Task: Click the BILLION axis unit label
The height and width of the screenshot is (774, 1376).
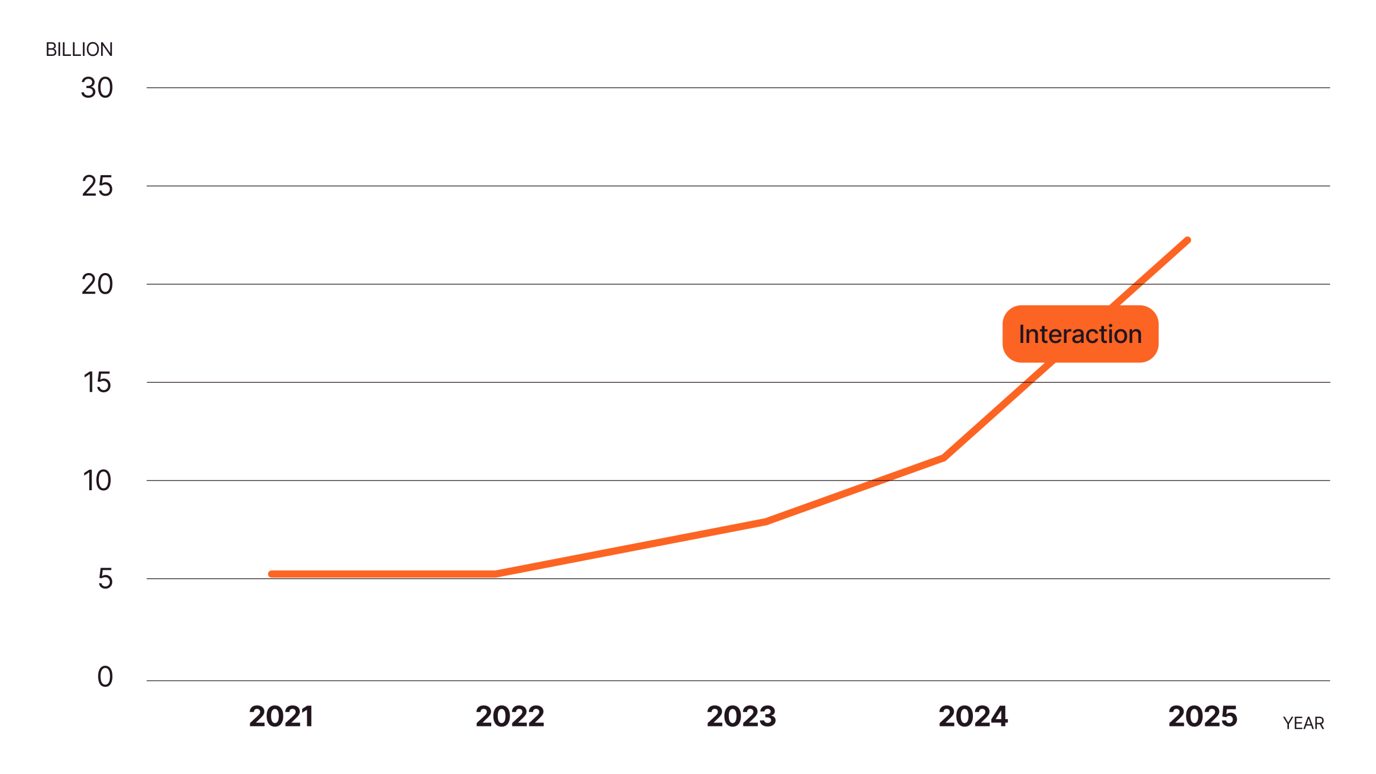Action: (x=79, y=49)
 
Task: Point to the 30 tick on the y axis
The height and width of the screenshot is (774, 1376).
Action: (x=97, y=88)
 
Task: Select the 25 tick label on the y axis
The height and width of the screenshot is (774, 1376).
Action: (x=97, y=187)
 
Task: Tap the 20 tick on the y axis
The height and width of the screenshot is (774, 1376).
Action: (x=97, y=285)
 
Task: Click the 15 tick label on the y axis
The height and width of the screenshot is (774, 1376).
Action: (x=97, y=383)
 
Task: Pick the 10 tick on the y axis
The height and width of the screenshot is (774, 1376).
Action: (x=97, y=481)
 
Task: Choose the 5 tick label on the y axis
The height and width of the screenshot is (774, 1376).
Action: (x=105, y=579)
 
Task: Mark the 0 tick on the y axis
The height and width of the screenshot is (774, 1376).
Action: (x=105, y=677)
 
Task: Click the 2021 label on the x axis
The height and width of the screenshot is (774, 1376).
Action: (x=281, y=716)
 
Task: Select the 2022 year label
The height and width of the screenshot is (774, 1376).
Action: (x=510, y=716)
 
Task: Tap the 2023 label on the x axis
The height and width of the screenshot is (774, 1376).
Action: (x=741, y=716)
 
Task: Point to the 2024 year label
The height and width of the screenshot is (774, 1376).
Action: (x=973, y=716)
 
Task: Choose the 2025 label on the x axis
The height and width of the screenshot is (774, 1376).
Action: (x=1203, y=716)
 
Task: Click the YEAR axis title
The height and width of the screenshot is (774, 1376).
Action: (x=1303, y=723)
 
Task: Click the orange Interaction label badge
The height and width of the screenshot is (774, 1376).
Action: (x=1080, y=334)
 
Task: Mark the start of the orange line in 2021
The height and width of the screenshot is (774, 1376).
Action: (x=271, y=574)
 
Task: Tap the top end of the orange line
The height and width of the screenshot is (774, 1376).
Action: (x=1187, y=240)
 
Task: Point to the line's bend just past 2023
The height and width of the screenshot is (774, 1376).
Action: (x=765, y=521)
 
